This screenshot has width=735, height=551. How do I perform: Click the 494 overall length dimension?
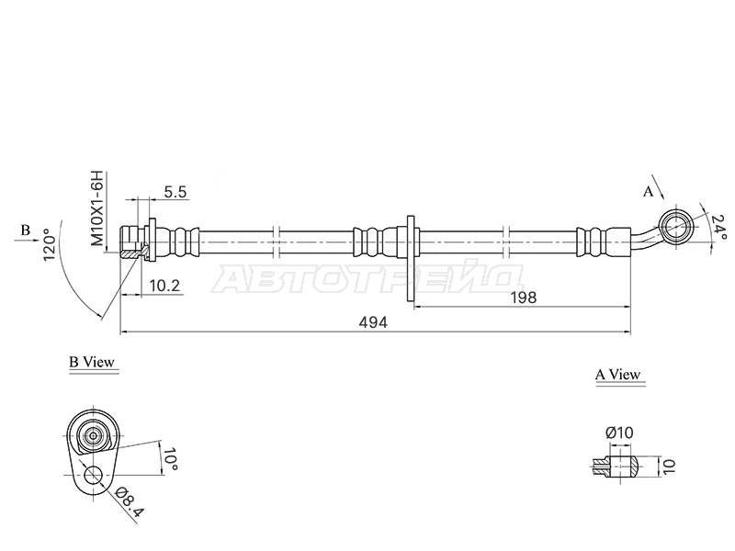tap(373, 322)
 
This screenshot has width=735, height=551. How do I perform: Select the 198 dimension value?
tap(523, 298)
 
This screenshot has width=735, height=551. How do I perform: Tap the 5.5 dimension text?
tap(175, 192)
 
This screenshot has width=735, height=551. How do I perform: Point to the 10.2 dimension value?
tap(164, 286)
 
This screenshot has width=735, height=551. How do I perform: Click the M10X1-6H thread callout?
tap(96, 208)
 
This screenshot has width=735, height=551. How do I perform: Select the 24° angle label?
tap(718, 226)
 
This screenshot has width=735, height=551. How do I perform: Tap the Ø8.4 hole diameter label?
tap(128, 501)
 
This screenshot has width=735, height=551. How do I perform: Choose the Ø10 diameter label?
tap(618, 432)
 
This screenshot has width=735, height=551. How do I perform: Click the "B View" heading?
tap(92, 362)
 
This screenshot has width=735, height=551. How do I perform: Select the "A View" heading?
tap(617, 375)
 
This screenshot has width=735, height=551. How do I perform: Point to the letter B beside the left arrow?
tap(26, 231)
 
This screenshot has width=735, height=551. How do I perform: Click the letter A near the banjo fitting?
tap(648, 191)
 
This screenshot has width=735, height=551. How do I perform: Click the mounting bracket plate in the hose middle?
tap(411, 259)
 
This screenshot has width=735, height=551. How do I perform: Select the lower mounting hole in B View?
tap(94, 475)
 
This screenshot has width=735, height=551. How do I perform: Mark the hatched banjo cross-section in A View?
tap(615, 467)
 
